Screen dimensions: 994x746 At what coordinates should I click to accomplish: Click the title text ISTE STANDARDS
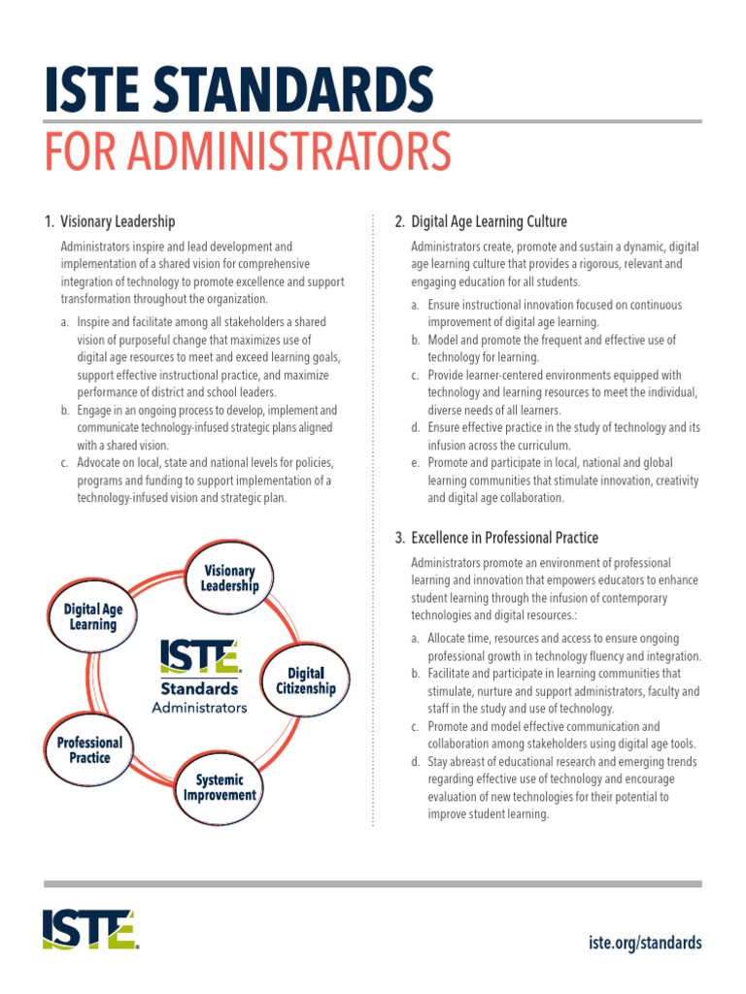click(238, 89)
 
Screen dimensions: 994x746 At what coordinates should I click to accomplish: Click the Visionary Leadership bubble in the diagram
click(229, 579)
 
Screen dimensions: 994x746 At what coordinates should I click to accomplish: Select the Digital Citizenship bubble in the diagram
click(306, 680)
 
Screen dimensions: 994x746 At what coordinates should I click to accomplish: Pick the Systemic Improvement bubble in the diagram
click(220, 787)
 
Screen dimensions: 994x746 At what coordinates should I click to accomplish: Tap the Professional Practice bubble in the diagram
click(89, 750)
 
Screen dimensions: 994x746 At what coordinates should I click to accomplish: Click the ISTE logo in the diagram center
click(199, 656)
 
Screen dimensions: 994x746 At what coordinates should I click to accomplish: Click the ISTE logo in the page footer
click(89, 929)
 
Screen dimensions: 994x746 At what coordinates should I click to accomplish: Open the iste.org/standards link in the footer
click(645, 943)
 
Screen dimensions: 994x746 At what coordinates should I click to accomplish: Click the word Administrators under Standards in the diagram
click(199, 708)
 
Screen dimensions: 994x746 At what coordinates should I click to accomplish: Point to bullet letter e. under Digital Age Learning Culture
click(415, 463)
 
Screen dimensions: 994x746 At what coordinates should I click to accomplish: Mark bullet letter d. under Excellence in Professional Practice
click(415, 762)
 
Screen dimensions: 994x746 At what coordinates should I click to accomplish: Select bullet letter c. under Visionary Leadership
click(64, 463)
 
